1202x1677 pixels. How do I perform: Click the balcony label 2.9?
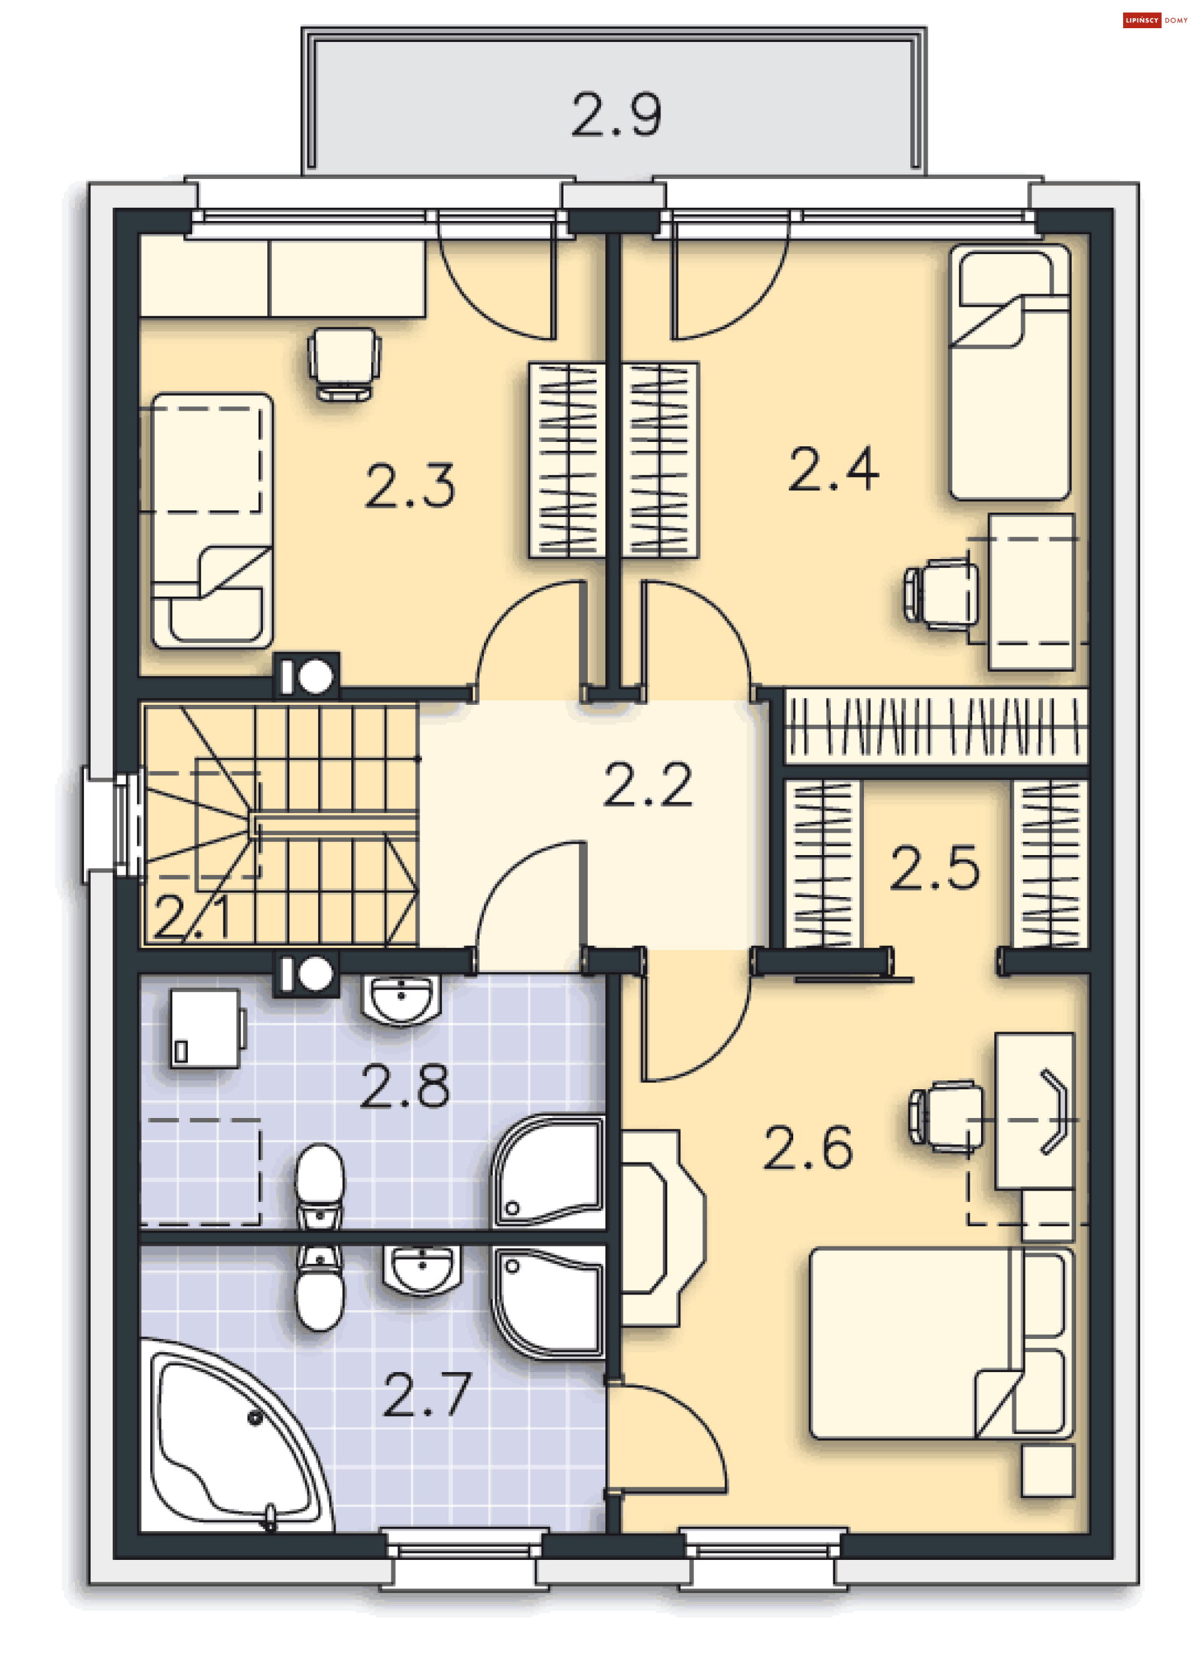[616, 115]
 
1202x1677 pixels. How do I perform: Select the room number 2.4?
[834, 469]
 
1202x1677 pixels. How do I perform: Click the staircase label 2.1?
[192, 917]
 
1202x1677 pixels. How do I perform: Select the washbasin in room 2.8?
[401, 1000]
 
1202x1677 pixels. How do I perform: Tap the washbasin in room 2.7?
[421, 1270]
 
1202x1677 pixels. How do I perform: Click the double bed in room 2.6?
[942, 1343]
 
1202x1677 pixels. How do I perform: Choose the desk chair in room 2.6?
[947, 1117]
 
